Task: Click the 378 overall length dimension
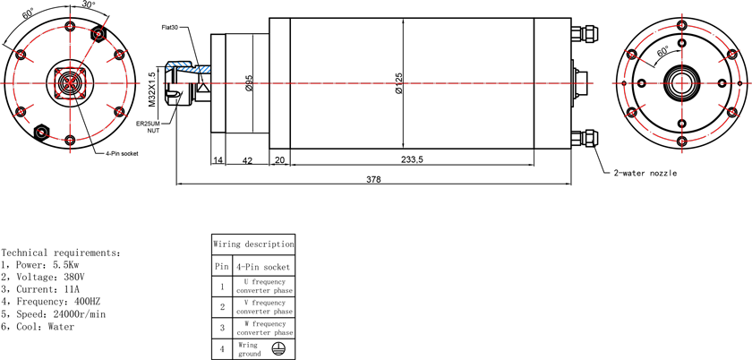pyautogui.click(x=373, y=179)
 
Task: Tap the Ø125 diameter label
pyautogui.click(x=398, y=83)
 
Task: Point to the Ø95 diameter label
pyautogui.click(x=249, y=82)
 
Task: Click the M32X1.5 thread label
pyautogui.click(x=152, y=90)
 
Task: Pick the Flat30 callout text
pyautogui.click(x=170, y=28)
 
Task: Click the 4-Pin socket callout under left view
pyautogui.click(x=123, y=154)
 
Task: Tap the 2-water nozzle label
pyautogui.click(x=645, y=173)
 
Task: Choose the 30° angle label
pyautogui.click(x=89, y=4)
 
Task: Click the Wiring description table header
pyautogui.click(x=253, y=244)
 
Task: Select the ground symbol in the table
pyautogui.click(x=277, y=349)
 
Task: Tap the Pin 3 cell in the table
pyautogui.click(x=222, y=329)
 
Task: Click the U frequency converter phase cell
pyautogui.click(x=264, y=287)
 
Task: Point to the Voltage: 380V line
pyautogui.click(x=44, y=277)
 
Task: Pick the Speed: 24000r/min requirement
pyautogui.click(x=53, y=314)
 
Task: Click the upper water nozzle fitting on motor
pyautogui.click(x=583, y=34)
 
